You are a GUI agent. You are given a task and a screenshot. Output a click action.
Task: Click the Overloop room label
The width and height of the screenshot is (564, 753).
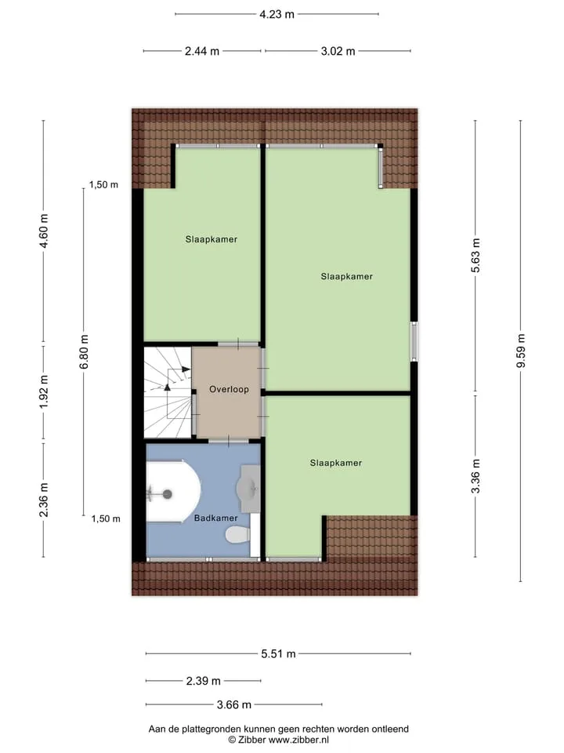[229, 389]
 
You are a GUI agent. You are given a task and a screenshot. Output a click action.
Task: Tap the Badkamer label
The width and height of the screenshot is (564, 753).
[216, 518]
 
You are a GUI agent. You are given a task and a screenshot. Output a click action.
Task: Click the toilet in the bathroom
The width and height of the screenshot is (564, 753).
[238, 534]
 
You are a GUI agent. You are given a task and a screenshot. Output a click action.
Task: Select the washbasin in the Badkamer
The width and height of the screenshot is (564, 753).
[248, 489]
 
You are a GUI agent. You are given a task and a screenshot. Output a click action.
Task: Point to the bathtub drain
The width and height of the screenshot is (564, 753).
[167, 493]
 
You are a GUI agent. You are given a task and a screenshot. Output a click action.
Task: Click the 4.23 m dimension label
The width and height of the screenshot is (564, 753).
[277, 14]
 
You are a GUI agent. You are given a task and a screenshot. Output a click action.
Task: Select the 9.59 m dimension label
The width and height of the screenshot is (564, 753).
[521, 351]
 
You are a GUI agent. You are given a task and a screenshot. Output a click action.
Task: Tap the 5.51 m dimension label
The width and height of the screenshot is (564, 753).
[278, 653]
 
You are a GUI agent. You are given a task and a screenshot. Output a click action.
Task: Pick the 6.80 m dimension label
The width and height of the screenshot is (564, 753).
[84, 351]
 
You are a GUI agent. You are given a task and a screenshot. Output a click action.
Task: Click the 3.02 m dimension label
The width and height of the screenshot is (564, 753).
[338, 51]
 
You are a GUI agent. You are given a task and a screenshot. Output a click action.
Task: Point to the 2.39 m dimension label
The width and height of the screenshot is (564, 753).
[204, 681]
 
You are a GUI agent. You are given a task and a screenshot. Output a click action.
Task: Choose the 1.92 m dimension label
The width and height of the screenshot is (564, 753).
[44, 392]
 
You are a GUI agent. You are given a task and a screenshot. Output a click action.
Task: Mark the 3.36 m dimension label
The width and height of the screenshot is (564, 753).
[475, 476]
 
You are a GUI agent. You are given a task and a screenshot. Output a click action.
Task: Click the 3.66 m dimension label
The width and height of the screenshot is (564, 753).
[234, 704]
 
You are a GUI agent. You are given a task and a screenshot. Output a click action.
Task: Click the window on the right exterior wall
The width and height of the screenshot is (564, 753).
[414, 341]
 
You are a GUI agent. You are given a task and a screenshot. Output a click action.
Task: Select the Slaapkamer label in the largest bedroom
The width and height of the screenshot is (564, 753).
[347, 276]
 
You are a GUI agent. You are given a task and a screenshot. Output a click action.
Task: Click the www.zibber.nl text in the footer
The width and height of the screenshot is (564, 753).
[298, 740]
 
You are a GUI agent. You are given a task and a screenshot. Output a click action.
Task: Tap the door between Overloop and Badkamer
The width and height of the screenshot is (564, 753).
[228, 440]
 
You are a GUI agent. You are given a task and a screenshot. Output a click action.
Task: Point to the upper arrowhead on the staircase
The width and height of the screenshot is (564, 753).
[186, 369]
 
